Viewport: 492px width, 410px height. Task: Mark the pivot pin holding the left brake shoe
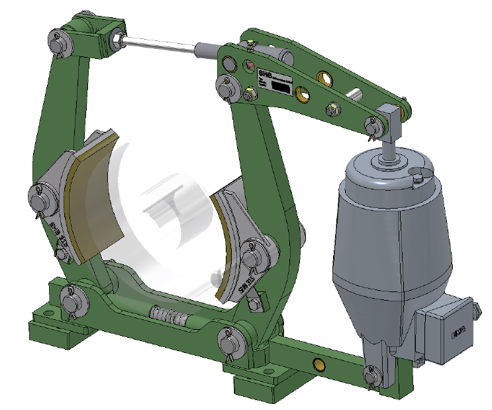click(38, 197)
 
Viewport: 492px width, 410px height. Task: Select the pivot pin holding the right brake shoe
click(252, 252)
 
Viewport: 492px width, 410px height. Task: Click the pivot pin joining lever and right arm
click(226, 85)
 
